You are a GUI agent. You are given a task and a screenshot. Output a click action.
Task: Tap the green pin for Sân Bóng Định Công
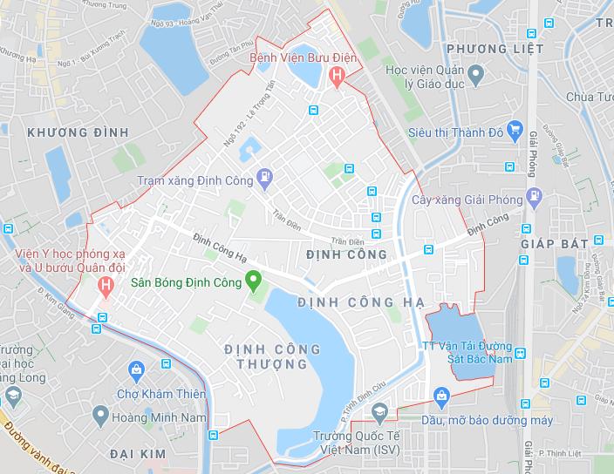pyautogui.click(x=254, y=281)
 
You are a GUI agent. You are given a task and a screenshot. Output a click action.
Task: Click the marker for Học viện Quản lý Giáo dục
pyautogui.click(x=474, y=76)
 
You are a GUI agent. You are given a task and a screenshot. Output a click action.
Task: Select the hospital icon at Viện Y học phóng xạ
pyautogui.click(x=106, y=285)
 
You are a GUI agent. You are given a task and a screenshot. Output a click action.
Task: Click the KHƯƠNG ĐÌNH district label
pyautogui.click(x=78, y=132)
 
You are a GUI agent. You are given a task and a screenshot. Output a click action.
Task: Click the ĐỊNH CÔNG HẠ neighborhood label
pyautogui.click(x=360, y=301)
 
